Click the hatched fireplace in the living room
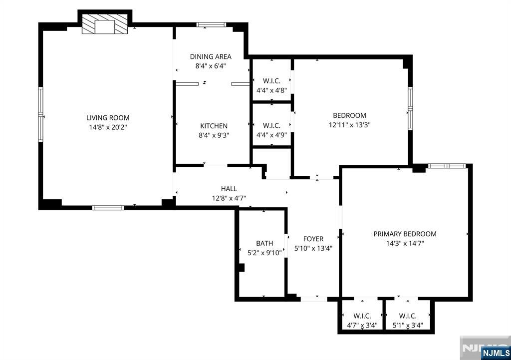click(105, 24)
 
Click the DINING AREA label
click(211, 56)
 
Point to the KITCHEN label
click(214, 126)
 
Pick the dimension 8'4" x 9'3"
click(214, 135)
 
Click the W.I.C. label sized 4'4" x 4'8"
click(271, 81)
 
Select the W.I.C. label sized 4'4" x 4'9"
click(271, 125)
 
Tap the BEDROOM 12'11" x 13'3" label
click(349, 115)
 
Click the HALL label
click(229, 189)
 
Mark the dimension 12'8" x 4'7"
click(229, 198)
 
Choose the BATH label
click(264, 243)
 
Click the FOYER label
click(313, 239)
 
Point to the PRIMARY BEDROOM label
click(405, 234)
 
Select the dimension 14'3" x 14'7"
click(405, 243)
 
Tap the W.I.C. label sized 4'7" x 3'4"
click(362, 316)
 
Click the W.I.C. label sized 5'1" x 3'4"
click(408, 316)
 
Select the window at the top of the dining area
click(211, 24)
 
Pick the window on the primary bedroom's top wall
click(447, 166)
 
